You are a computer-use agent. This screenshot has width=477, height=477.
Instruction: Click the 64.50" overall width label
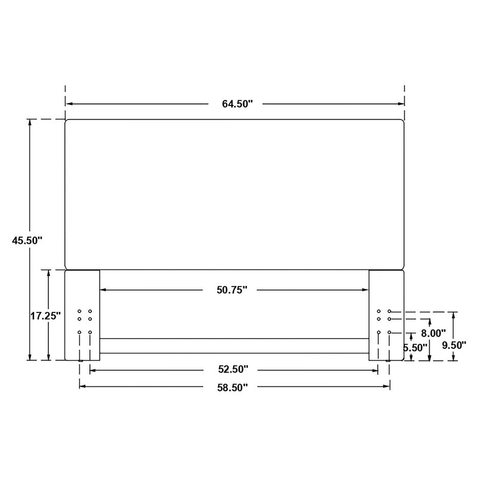pyautogui.click(x=237, y=104)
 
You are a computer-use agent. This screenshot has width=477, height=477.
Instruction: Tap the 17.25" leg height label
pyautogui.click(x=46, y=316)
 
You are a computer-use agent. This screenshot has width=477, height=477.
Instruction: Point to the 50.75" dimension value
pyautogui.click(x=232, y=290)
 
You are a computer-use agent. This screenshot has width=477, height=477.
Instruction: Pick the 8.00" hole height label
pyautogui.click(x=433, y=334)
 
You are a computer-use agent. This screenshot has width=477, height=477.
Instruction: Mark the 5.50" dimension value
pyautogui.click(x=415, y=347)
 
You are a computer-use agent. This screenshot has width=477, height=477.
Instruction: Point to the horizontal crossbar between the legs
pyautogui.click(x=234, y=346)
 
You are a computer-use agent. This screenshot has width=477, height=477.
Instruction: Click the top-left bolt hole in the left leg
pyautogui.click(x=79, y=311)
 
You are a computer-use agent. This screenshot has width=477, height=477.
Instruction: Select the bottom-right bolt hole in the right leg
pyautogui.click(x=389, y=332)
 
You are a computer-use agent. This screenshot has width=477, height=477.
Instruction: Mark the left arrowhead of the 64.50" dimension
pyautogui.click(x=68, y=104)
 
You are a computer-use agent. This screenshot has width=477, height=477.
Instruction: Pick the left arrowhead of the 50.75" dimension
pyautogui.click(x=103, y=290)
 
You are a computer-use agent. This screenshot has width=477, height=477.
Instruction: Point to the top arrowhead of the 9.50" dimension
pyautogui.click(x=454, y=314)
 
